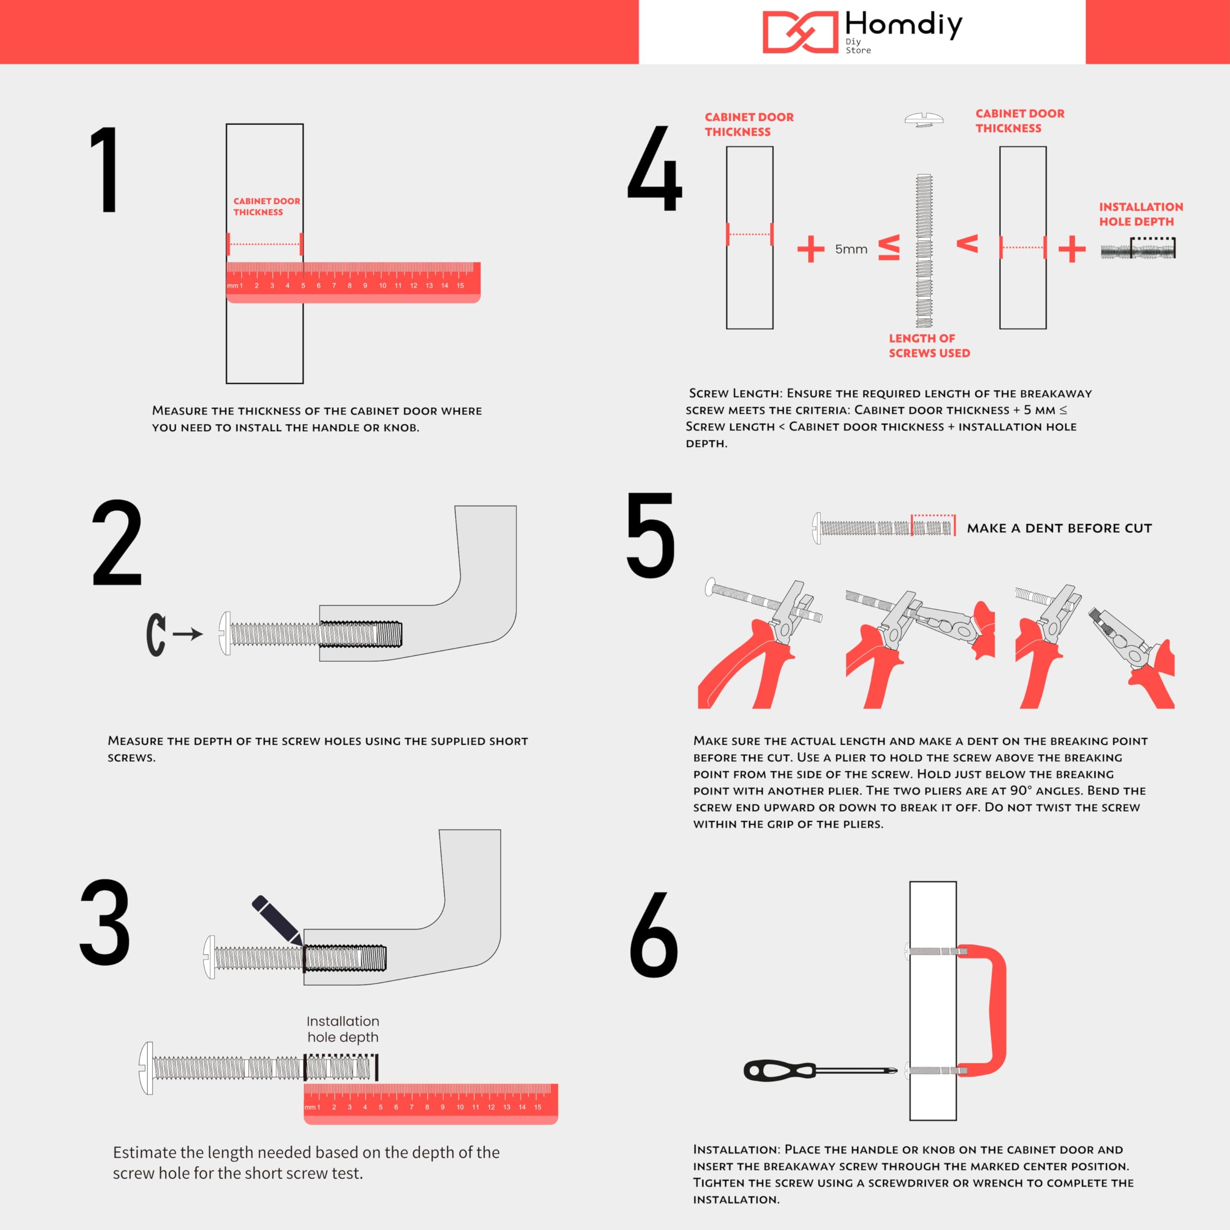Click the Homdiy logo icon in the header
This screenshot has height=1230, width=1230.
coord(799,32)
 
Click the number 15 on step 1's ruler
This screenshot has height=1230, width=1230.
coord(460,286)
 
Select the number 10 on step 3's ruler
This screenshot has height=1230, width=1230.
coord(460,1107)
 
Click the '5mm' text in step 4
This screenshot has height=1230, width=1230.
coord(851,249)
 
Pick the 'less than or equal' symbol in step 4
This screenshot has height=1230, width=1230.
coord(889,248)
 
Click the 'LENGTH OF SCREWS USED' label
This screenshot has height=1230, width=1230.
coord(929,346)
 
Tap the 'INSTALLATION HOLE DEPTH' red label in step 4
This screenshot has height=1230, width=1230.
coord(1141,214)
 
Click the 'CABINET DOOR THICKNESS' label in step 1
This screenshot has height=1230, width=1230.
coord(266,206)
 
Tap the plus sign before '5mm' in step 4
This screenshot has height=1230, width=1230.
coord(811,249)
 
